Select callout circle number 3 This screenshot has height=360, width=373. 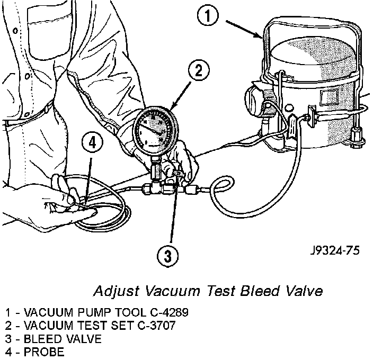[x=167, y=257]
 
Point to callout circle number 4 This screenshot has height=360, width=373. [x=92, y=143]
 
